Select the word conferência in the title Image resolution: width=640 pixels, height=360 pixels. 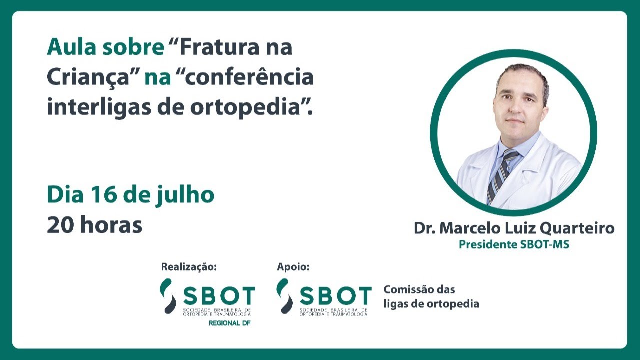(249, 78)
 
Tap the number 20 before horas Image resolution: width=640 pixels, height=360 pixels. (61, 225)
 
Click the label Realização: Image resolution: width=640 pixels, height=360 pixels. (189, 267)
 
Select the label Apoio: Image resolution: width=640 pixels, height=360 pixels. (293, 267)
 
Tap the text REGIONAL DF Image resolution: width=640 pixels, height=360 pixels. (229, 323)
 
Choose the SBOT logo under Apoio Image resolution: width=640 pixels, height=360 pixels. (324, 297)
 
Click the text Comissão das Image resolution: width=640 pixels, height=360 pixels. (419, 290)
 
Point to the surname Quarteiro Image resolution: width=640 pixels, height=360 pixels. (577, 229)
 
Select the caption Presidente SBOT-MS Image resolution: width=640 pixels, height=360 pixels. (514, 245)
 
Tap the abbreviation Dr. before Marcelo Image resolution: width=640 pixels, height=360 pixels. (424, 229)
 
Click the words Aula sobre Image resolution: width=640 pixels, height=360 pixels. (105, 48)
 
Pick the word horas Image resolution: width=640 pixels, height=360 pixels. (111, 225)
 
